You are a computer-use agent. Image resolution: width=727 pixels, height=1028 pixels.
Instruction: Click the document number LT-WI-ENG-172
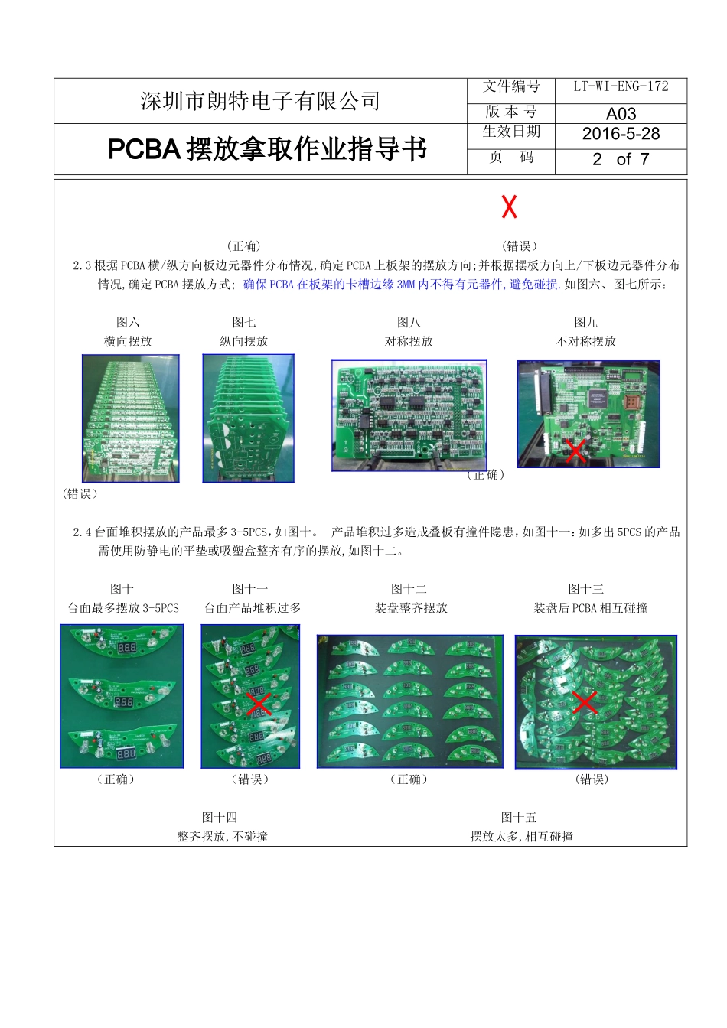pyautogui.click(x=621, y=87)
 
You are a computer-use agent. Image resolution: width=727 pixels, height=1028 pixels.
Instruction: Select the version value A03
pyautogui.click(x=621, y=114)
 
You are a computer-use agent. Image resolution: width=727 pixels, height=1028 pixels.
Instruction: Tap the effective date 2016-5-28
pyautogui.click(x=621, y=134)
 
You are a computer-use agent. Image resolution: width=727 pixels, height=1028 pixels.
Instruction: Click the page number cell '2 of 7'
pyautogui.click(x=621, y=159)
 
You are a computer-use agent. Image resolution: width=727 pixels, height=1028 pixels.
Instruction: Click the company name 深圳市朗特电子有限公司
pyautogui.click(x=260, y=101)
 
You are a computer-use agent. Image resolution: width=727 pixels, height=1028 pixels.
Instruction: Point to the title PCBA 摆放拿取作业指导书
pyautogui.click(x=267, y=149)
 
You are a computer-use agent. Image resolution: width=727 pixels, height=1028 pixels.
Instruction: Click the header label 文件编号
pyautogui.click(x=511, y=87)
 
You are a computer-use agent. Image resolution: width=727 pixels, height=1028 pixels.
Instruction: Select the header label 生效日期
pyautogui.click(x=511, y=132)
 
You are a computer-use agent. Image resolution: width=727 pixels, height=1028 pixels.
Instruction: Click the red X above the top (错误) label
pyautogui.click(x=509, y=207)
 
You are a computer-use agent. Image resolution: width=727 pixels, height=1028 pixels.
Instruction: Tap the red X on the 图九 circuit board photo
pyautogui.click(x=575, y=451)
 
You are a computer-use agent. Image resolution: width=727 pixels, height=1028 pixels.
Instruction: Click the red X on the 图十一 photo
pyautogui.click(x=259, y=704)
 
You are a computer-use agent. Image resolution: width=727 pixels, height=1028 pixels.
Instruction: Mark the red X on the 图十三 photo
pyautogui.click(x=585, y=702)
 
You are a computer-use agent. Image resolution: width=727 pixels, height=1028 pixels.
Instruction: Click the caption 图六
pyautogui.click(x=128, y=323)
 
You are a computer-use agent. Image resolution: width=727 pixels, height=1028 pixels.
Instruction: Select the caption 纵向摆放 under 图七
pyautogui.click(x=244, y=342)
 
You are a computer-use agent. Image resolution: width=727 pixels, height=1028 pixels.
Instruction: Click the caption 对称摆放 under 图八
pyautogui.click(x=409, y=342)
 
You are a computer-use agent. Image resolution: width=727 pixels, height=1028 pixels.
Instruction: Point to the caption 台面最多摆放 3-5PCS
pyautogui.click(x=122, y=609)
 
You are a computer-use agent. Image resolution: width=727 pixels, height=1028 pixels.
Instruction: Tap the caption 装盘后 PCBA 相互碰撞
pyautogui.click(x=590, y=609)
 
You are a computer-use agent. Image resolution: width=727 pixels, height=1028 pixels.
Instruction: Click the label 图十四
pyautogui.click(x=220, y=818)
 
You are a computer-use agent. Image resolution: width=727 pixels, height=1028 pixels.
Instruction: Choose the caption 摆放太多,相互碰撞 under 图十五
pyautogui.click(x=521, y=837)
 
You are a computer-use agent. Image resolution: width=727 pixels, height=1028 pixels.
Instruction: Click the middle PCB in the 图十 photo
pyautogui.click(x=121, y=696)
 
